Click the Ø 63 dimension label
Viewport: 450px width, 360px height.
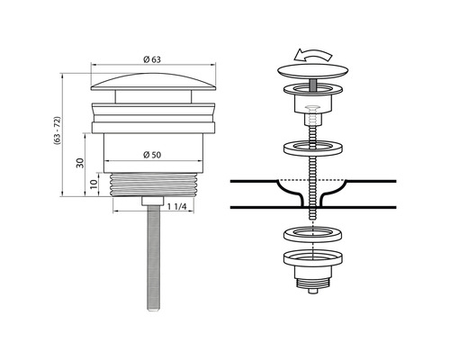point(150,59)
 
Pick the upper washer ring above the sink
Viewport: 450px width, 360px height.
point(310,148)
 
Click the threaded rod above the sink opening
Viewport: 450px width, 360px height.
point(310,171)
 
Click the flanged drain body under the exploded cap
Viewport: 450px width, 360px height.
point(310,99)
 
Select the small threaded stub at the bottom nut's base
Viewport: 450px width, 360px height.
point(310,286)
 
